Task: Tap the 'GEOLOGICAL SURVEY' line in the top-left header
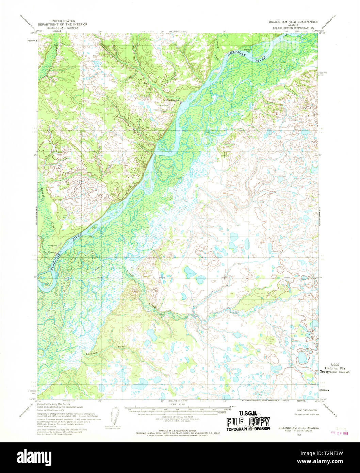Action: pyautogui.click(x=63, y=28)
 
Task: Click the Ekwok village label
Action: pyautogui.click(x=52, y=252)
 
